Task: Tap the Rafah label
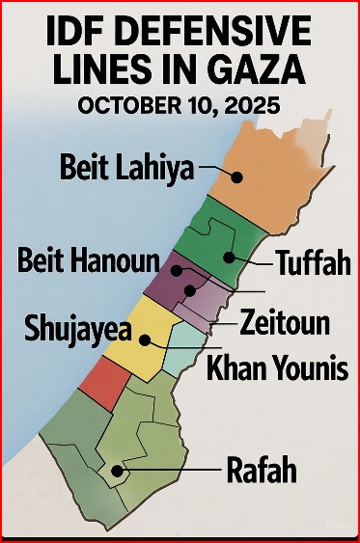pos(260,473)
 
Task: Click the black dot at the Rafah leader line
pos(117,472)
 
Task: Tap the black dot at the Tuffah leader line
pos(228,258)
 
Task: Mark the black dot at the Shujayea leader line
pos(144,339)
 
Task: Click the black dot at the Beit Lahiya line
pos(236,175)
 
